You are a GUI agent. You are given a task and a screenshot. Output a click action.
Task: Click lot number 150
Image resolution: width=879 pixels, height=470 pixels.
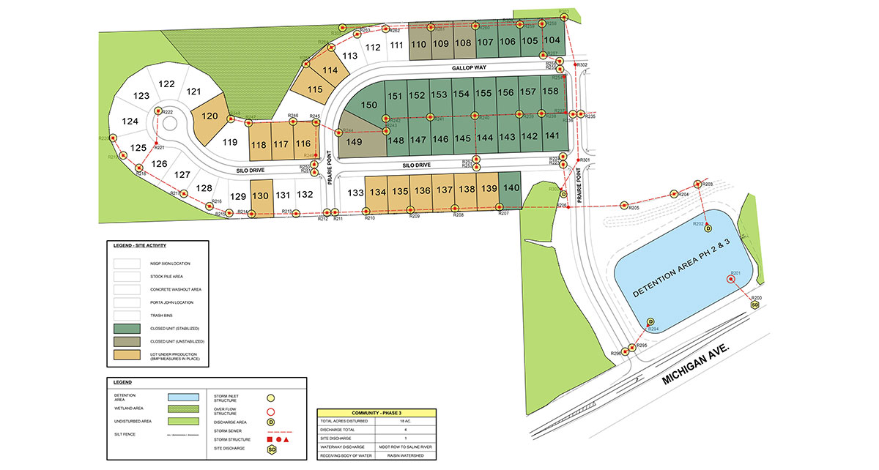click(x=369, y=105)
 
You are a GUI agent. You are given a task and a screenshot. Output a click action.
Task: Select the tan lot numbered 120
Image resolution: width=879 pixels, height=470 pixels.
click(x=210, y=116)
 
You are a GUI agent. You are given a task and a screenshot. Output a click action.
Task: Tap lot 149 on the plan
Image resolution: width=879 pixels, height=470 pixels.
click(x=354, y=142)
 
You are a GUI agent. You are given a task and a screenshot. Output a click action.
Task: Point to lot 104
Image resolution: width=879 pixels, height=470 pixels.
click(x=552, y=40)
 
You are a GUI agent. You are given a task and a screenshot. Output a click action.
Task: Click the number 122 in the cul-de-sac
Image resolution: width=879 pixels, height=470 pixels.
click(x=166, y=83)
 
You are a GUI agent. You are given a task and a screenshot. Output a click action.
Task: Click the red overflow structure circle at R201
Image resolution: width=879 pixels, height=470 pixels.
click(x=730, y=278)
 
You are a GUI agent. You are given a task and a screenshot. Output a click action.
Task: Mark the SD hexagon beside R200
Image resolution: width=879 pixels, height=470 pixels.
click(x=755, y=305)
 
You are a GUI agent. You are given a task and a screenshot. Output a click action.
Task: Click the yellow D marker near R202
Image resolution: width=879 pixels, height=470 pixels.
click(x=708, y=228)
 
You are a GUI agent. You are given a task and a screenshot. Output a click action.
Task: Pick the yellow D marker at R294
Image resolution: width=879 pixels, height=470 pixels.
click(x=650, y=321)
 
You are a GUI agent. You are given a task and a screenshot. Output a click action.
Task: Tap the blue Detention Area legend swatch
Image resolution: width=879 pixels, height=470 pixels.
click(x=179, y=397)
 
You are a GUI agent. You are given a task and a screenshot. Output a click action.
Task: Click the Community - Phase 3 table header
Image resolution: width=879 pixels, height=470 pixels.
click(x=376, y=413)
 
